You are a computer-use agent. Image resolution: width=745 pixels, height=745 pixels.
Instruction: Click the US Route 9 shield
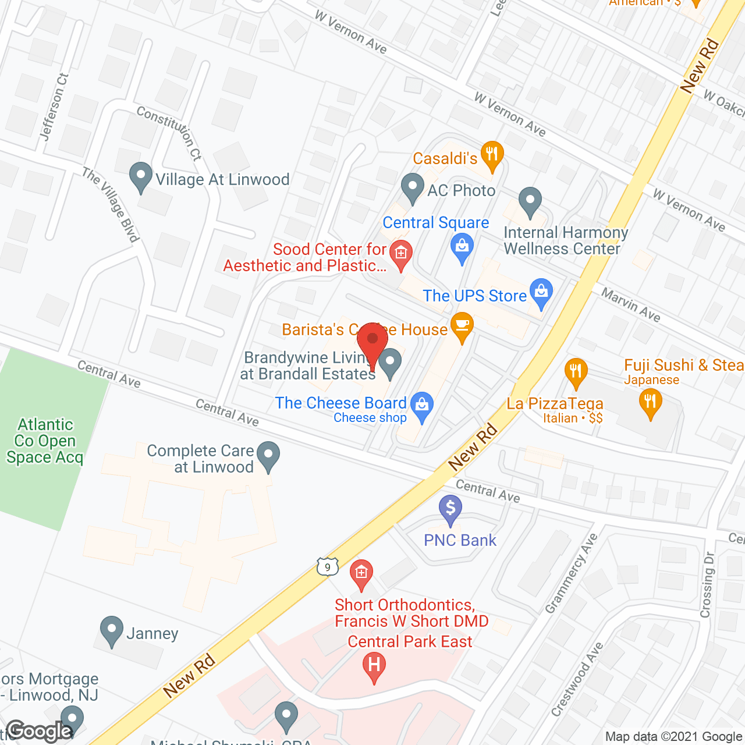[328, 566]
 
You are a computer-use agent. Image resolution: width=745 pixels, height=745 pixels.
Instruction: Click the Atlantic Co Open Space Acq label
[45, 441]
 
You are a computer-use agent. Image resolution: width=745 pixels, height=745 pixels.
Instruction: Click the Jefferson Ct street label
[54, 107]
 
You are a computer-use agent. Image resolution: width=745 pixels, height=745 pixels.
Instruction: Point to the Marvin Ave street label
[631, 305]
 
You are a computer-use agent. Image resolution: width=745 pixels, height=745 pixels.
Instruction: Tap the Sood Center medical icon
[400, 254]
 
